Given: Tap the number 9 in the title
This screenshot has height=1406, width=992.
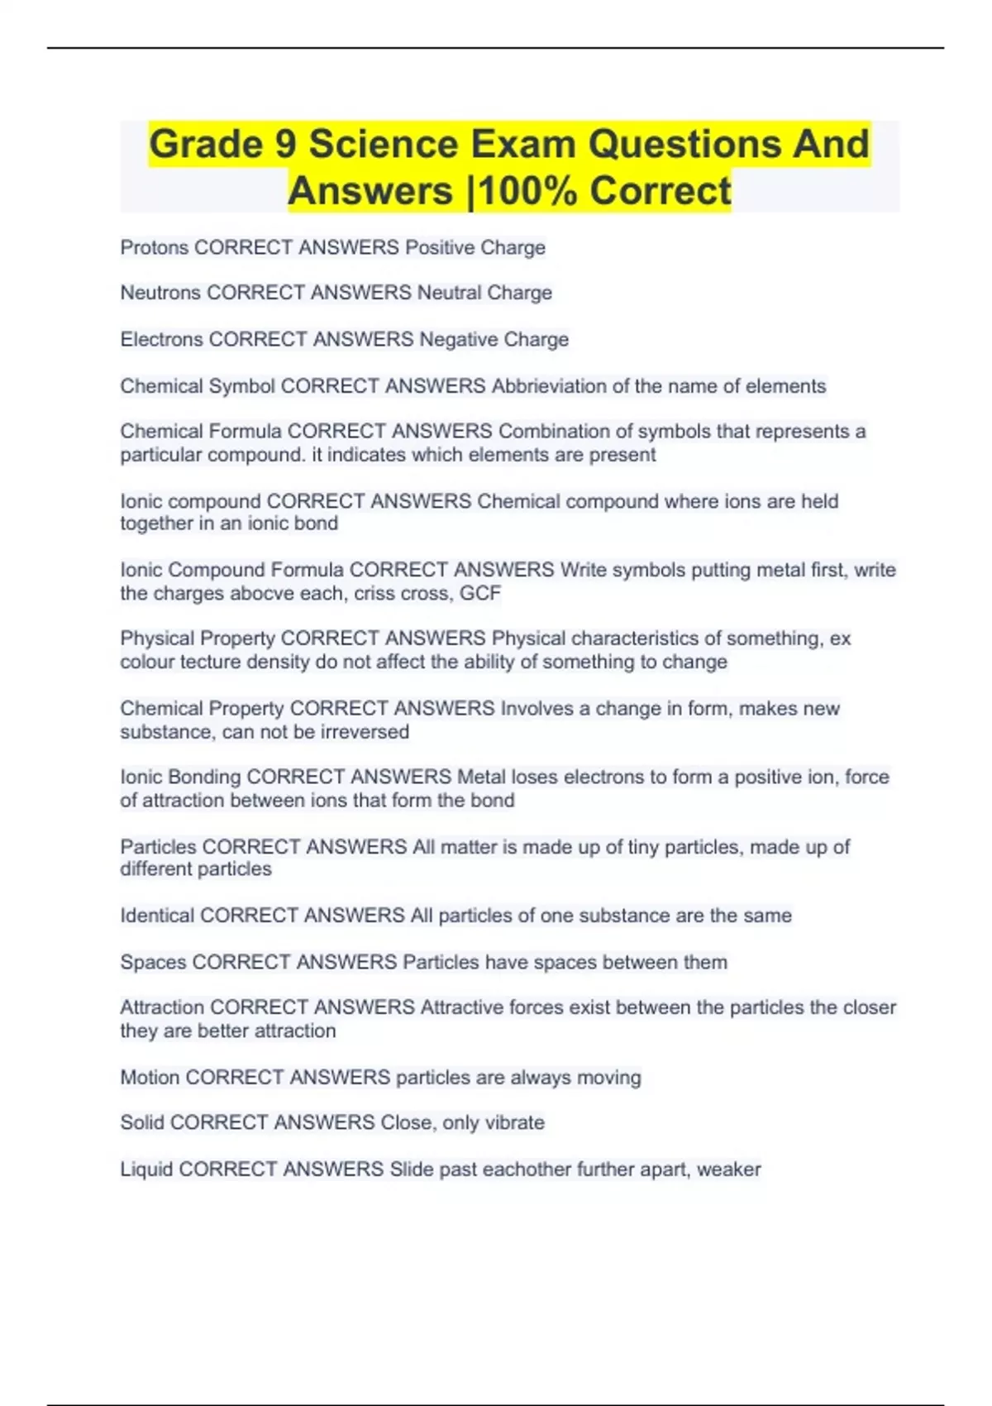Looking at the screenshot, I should click(285, 145).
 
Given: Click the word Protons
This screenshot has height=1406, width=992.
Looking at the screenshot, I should click(155, 247).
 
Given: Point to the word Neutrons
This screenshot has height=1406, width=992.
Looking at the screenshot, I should click(160, 293).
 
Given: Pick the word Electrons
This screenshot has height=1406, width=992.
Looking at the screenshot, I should click(161, 339).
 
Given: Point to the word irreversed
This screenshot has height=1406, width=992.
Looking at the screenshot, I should click(367, 732).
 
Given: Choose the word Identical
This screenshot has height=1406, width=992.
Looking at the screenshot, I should click(157, 916).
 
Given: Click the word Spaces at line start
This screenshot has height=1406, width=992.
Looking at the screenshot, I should click(153, 962).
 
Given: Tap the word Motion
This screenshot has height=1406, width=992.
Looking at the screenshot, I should click(150, 1078).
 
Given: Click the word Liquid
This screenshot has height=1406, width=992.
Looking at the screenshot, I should click(146, 1169).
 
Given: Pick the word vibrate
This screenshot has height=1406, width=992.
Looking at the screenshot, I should click(514, 1122).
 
